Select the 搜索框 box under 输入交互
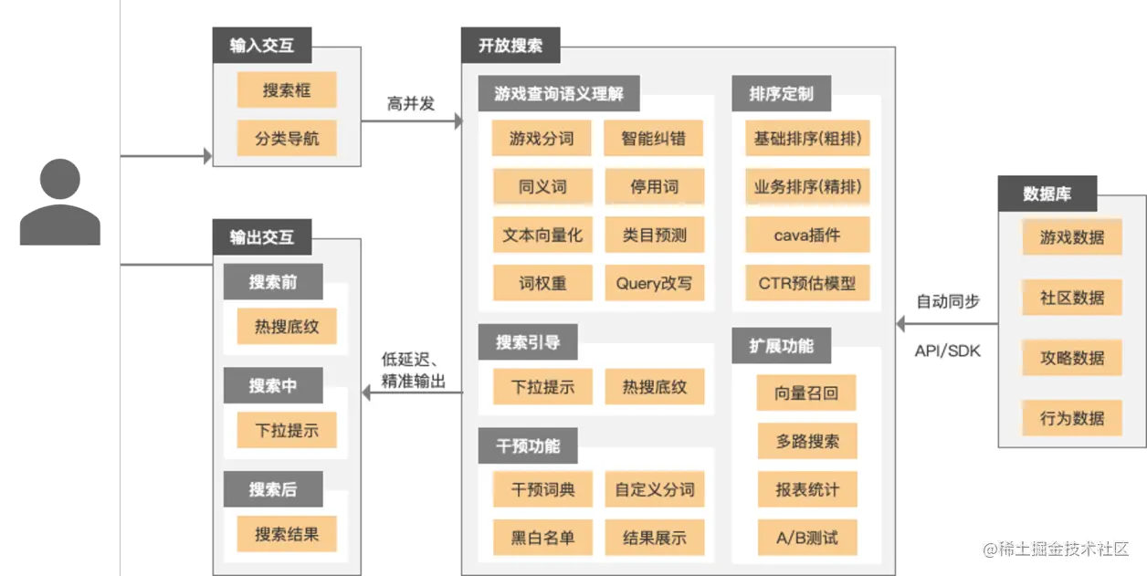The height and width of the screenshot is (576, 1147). click(287, 90)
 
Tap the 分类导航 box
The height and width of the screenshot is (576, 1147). click(287, 140)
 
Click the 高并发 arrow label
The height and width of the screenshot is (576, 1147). click(411, 103)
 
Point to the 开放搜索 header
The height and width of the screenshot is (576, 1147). click(510, 44)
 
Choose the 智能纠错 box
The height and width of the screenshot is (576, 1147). click(654, 139)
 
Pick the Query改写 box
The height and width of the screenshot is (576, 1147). click(654, 283)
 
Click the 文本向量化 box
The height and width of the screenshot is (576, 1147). click(542, 235)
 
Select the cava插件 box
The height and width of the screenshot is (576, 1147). click(807, 235)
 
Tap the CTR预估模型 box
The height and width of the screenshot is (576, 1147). click(807, 283)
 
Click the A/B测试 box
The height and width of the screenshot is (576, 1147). click(807, 537)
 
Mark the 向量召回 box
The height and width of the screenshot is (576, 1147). click(807, 393)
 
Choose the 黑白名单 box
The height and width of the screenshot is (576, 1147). click(542, 537)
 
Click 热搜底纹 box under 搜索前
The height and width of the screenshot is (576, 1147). click(287, 326)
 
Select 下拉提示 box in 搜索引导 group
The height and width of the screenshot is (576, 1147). click(542, 387)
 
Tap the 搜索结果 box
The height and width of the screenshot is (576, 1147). click(287, 534)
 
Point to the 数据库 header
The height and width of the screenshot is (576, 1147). click(1047, 194)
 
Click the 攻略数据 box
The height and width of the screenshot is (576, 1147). click(1072, 358)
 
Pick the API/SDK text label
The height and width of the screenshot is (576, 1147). click(947, 351)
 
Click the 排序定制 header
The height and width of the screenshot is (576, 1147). click(781, 93)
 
